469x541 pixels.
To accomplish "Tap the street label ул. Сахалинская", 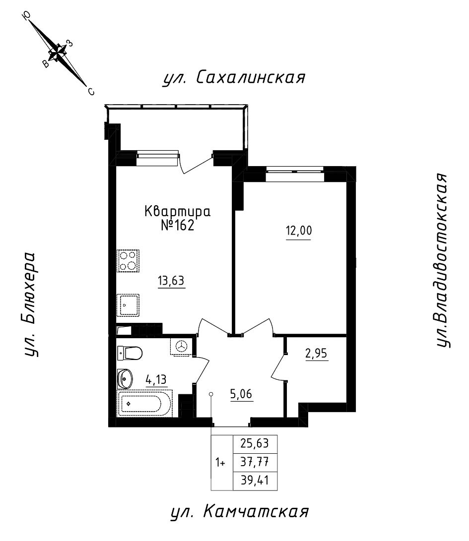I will [234, 78].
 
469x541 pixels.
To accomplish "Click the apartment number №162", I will [177, 225].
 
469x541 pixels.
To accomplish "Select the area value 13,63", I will [171, 281].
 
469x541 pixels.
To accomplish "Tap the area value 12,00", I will [298, 231].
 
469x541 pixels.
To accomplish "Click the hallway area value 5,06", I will [241, 395].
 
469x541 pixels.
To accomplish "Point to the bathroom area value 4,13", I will [156, 380].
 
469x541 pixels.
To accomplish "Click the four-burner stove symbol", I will [128, 261].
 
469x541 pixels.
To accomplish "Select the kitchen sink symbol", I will [128, 305].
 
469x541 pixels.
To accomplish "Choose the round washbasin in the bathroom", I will [125, 379].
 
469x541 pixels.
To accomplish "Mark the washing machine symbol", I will [182, 346].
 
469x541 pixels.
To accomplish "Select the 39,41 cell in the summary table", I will [254, 481].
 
